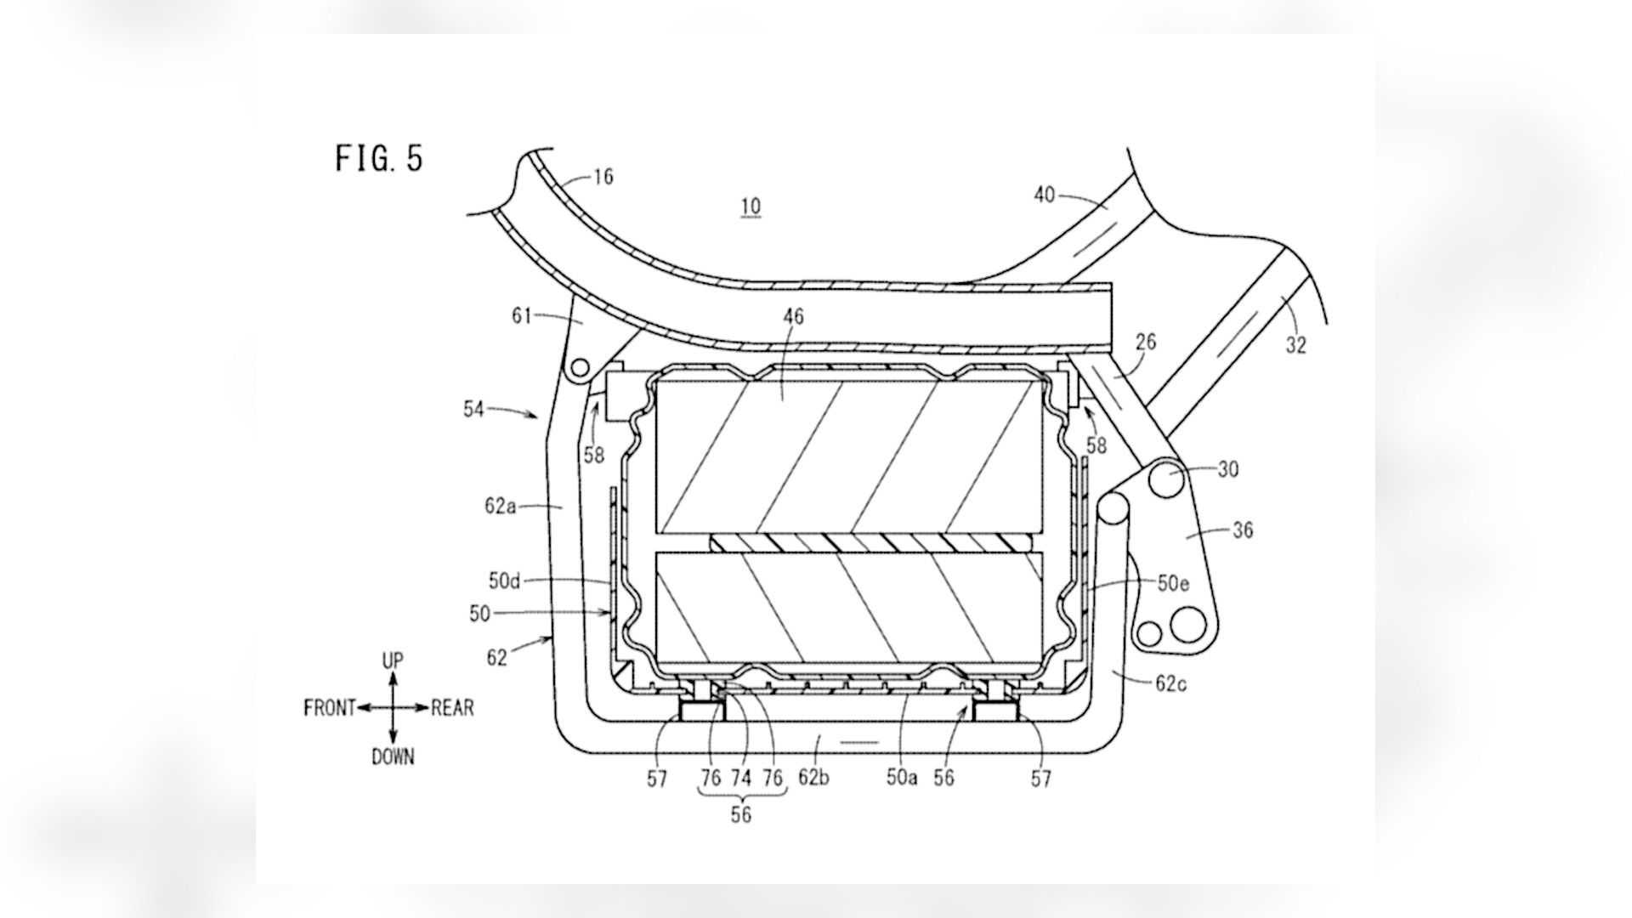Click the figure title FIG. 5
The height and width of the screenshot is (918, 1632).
coord(379,158)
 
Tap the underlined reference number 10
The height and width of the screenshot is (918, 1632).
coord(751,207)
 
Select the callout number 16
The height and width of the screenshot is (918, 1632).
coord(603,177)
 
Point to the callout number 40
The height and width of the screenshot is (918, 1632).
coord(1044,195)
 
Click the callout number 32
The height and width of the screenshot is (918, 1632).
coord(1295,345)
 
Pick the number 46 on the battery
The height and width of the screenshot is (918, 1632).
coord(793,317)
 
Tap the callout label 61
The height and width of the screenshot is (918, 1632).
coord(521,316)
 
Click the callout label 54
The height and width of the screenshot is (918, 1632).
coord(473,409)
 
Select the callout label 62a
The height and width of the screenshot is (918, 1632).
coord(500,507)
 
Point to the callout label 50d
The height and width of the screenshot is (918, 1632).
coord(503,581)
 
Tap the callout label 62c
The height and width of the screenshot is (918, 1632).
coord(1170,683)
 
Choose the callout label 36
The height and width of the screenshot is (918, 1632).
coord(1242,530)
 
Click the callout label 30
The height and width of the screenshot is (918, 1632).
coord(1228,468)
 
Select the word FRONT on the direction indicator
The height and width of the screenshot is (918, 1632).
coord(329,708)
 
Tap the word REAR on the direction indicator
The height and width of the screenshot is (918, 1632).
coord(452,708)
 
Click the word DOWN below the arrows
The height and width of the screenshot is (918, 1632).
coord(393,756)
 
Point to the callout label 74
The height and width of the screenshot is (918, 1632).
coord(741,778)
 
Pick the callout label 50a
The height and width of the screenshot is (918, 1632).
coord(902,778)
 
